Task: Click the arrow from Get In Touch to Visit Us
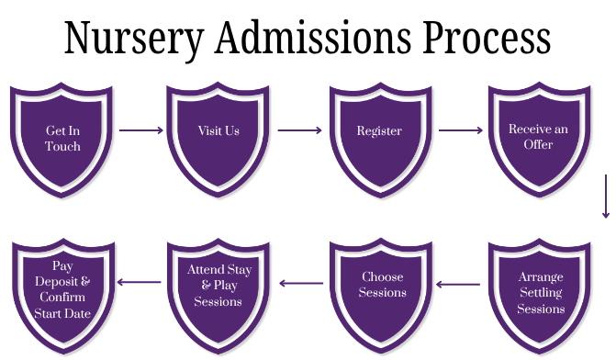click(140, 130)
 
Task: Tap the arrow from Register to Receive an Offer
click(460, 130)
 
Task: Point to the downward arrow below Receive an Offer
click(606, 195)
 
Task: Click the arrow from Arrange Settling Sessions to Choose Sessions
click(461, 284)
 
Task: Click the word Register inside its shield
click(379, 130)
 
